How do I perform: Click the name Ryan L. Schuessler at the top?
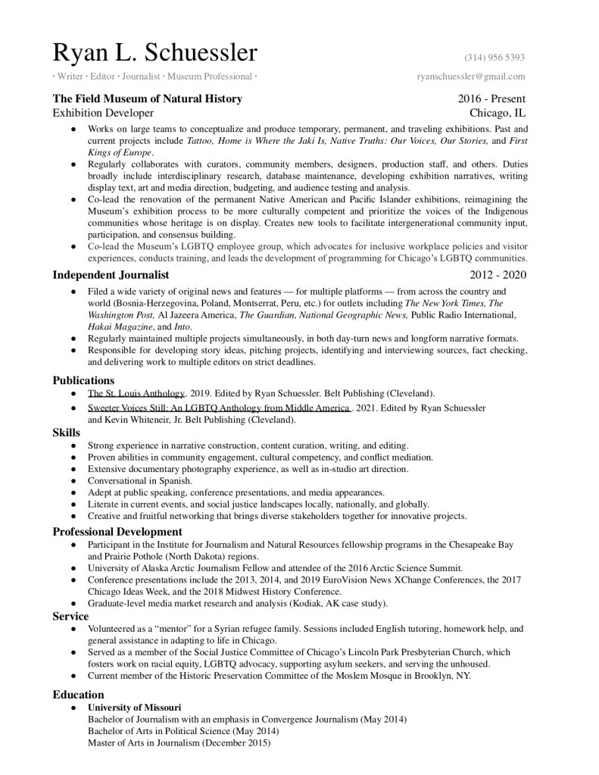point(154,52)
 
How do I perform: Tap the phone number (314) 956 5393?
point(494,58)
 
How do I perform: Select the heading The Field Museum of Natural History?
point(147,98)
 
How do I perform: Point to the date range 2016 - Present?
point(491,98)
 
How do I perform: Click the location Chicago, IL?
point(498,113)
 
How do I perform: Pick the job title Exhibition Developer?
point(102,113)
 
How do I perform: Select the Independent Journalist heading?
point(111,274)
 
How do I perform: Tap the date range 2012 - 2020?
point(498,274)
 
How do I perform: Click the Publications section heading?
point(83,380)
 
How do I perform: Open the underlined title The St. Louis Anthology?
point(136,394)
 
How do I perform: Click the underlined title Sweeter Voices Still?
point(218,408)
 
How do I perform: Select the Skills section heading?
point(66,433)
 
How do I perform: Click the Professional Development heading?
point(117,532)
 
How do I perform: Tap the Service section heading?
point(70,617)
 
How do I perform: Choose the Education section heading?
point(78,695)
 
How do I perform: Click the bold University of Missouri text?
point(134,708)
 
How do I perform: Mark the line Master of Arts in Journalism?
point(178,742)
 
